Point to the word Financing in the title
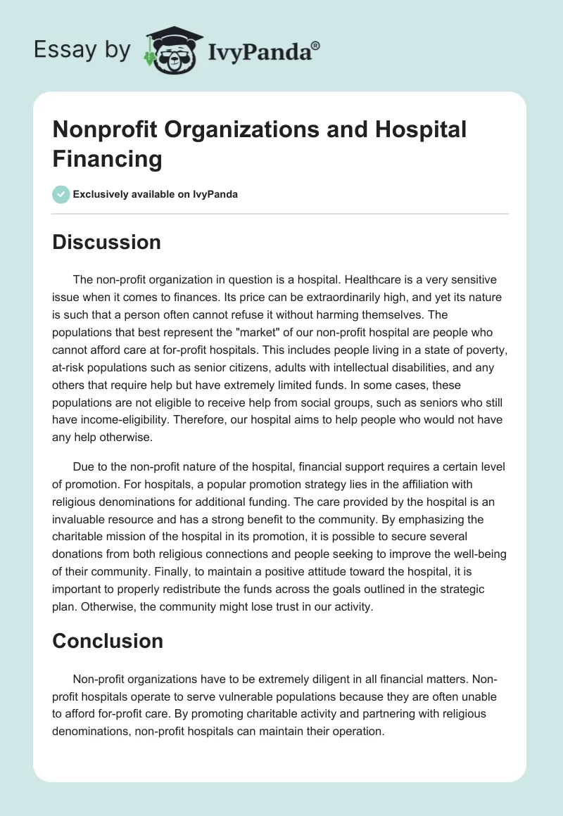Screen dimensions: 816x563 [x=108, y=158]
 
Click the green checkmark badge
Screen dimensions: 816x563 [x=61, y=194]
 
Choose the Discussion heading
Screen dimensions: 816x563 [x=107, y=242]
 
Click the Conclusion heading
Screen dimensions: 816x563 [x=108, y=640]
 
